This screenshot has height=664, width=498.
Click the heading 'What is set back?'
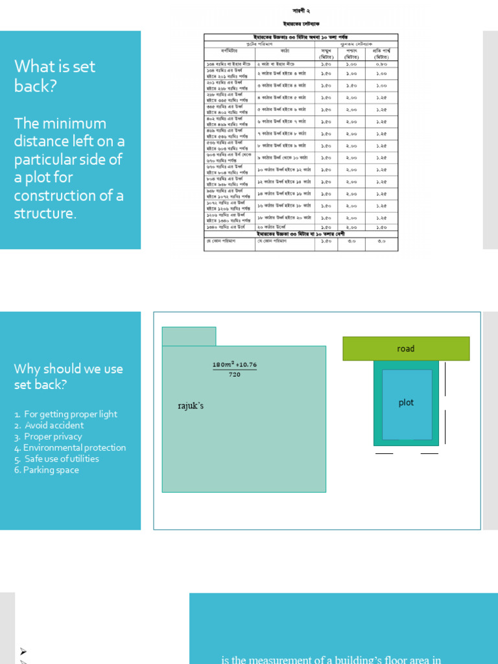(x=54, y=75)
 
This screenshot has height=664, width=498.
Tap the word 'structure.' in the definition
(x=45, y=213)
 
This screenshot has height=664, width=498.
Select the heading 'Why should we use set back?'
(x=68, y=376)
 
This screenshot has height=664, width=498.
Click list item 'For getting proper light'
(x=70, y=414)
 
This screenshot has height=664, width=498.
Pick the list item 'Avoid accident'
(x=54, y=425)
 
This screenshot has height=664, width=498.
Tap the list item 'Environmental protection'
(x=75, y=447)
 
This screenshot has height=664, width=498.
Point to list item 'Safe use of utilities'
(x=62, y=458)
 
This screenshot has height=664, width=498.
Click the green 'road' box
(x=406, y=349)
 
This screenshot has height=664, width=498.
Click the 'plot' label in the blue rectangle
(x=406, y=403)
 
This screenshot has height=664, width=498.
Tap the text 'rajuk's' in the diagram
(x=191, y=406)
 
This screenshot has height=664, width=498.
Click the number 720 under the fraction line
(x=235, y=374)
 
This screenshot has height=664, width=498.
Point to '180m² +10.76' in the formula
(x=235, y=364)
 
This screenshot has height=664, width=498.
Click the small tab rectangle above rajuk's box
(x=189, y=337)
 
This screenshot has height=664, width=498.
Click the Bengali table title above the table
(x=301, y=23)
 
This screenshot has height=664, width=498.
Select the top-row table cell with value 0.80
(x=381, y=64)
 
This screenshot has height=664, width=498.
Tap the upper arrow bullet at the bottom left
(x=23, y=651)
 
